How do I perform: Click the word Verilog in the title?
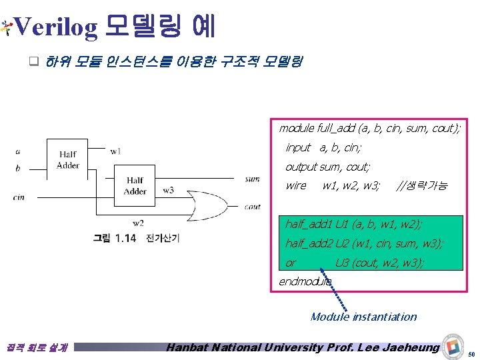(x=56, y=27)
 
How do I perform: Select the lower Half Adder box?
(x=135, y=186)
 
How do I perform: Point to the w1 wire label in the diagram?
(x=116, y=151)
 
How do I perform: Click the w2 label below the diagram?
(x=138, y=223)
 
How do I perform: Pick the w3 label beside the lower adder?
(x=169, y=190)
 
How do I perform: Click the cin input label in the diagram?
(x=19, y=197)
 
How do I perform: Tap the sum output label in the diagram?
(x=253, y=179)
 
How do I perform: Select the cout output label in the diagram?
(x=253, y=207)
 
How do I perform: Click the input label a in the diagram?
(x=17, y=151)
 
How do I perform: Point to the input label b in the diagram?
(x=17, y=168)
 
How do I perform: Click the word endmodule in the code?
(x=305, y=281)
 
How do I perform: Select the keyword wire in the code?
(x=296, y=185)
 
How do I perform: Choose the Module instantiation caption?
(x=363, y=317)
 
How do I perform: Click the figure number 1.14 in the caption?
(x=125, y=238)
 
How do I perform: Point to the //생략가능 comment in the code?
(x=422, y=185)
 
